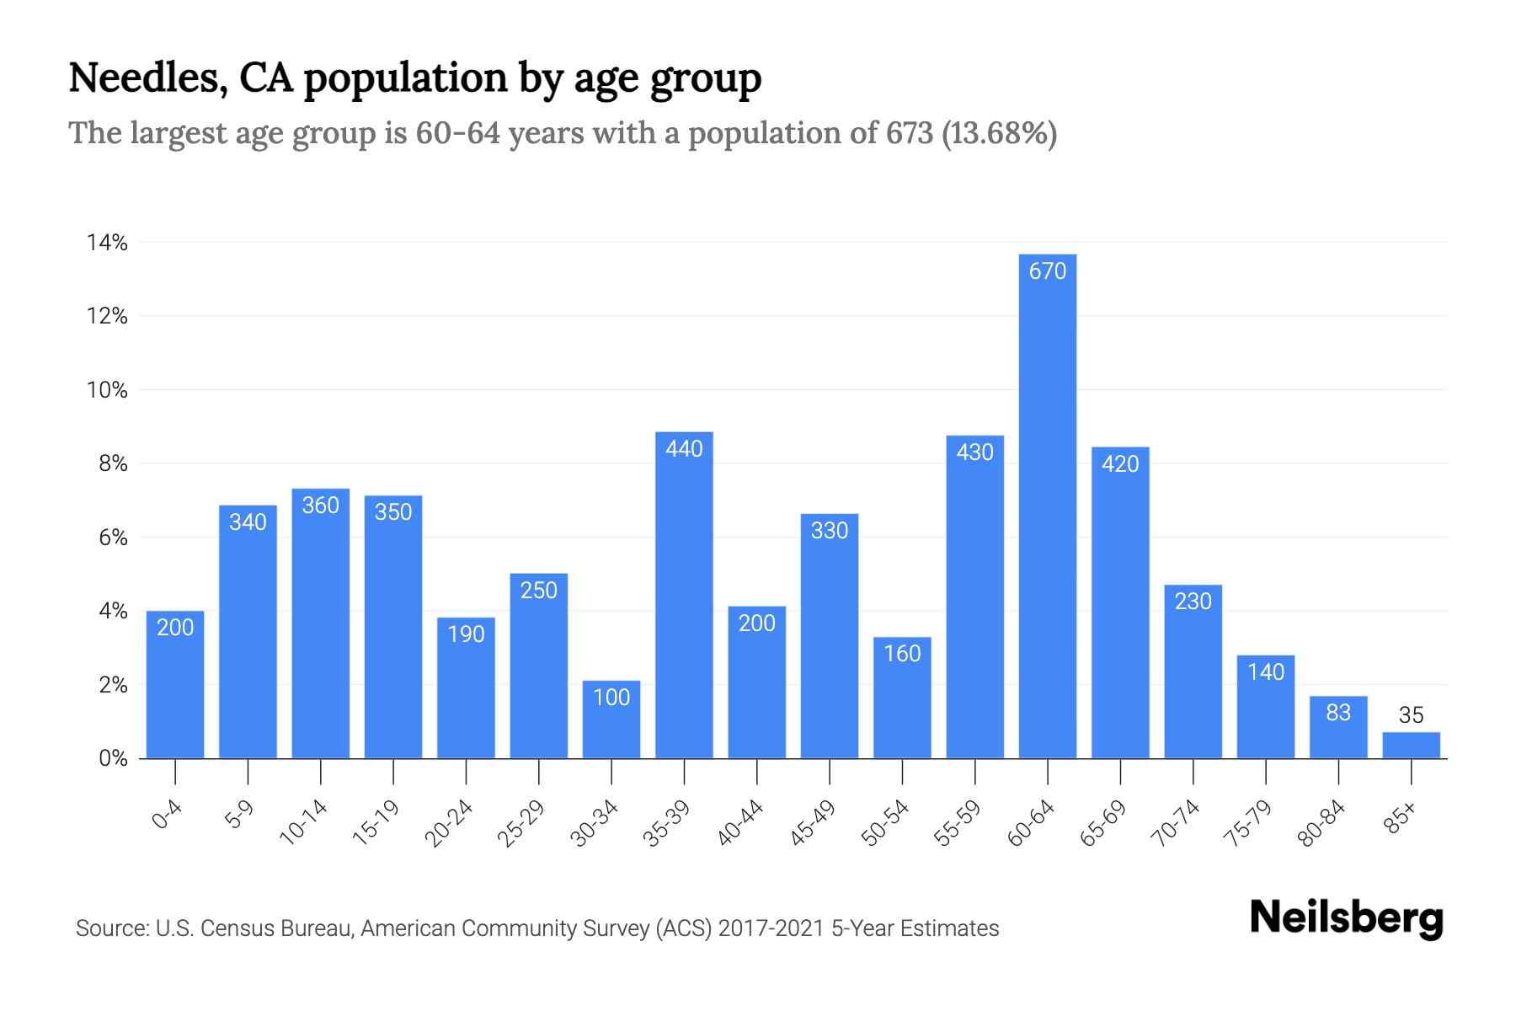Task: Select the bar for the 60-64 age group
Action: (1047, 505)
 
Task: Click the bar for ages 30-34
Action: (611, 719)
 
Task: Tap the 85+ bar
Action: (1411, 746)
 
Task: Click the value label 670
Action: (1047, 271)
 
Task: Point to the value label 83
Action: (1338, 713)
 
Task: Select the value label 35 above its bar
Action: (1411, 715)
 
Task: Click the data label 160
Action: (902, 654)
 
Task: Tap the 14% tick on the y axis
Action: (107, 243)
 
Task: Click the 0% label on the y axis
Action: (113, 758)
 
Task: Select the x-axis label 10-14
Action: (303, 822)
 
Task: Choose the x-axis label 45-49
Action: (813, 822)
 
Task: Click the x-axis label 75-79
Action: (1249, 822)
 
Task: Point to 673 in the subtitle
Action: (909, 133)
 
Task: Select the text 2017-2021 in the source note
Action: (771, 928)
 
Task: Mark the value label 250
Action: (538, 591)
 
